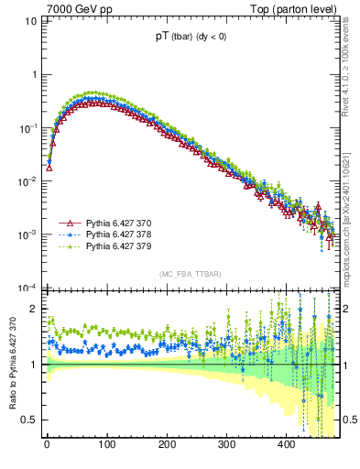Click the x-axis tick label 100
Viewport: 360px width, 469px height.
click(x=106, y=445)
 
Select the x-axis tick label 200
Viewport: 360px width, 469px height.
click(x=167, y=445)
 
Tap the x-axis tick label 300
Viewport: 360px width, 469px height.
click(x=226, y=445)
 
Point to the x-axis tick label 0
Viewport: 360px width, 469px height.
click(x=47, y=445)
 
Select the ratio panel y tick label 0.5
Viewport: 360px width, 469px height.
click(x=29, y=420)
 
